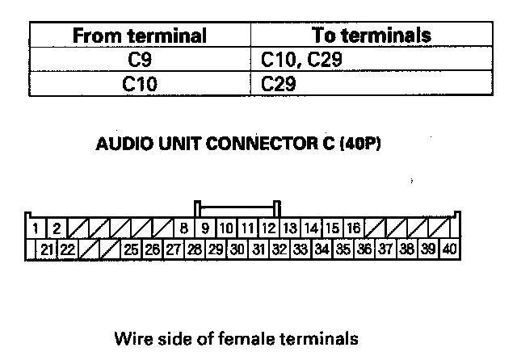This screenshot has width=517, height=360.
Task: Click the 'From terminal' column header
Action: (140, 36)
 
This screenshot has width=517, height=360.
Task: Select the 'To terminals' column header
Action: (371, 36)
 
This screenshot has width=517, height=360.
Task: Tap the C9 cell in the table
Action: (140, 59)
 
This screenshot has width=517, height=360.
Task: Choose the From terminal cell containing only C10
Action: (140, 82)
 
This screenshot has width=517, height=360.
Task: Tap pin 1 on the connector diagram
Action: (37, 229)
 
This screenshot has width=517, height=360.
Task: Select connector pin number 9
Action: (206, 229)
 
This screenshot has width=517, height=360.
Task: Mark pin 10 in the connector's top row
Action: (227, 229)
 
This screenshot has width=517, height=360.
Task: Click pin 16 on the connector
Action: (354, 229)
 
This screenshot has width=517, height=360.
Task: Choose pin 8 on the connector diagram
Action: (184, 229)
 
